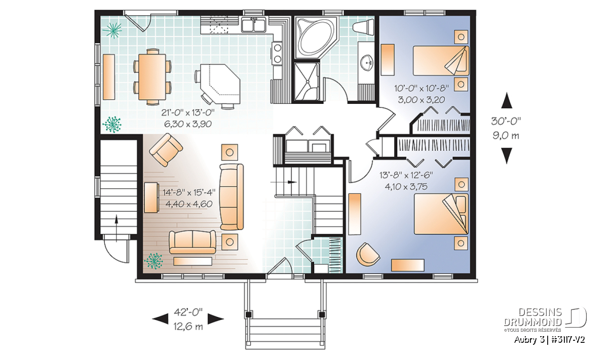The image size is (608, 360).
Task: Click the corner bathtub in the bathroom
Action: point(316,37)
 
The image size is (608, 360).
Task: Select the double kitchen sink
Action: point(254,25)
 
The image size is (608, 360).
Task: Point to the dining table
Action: point(152,77)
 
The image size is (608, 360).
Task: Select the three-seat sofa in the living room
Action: point(231,197)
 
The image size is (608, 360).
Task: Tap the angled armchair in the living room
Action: point(166,150)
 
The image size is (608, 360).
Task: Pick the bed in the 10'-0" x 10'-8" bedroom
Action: point(441,60)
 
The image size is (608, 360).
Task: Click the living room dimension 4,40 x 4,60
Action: point(188,204)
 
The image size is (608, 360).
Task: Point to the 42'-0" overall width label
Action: point(188,312)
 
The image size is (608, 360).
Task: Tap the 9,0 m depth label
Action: point(506,135)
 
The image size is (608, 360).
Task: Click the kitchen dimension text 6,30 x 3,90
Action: point(188,124)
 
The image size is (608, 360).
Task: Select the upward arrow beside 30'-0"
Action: point(506,100)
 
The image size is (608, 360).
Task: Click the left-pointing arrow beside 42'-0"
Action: point(160,319)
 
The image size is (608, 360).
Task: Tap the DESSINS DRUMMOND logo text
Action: point(533,317)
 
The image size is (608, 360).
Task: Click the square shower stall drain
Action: point(308,82)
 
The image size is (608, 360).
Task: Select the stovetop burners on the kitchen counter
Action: point(278,53)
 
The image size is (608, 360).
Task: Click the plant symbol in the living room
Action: point(154,261)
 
